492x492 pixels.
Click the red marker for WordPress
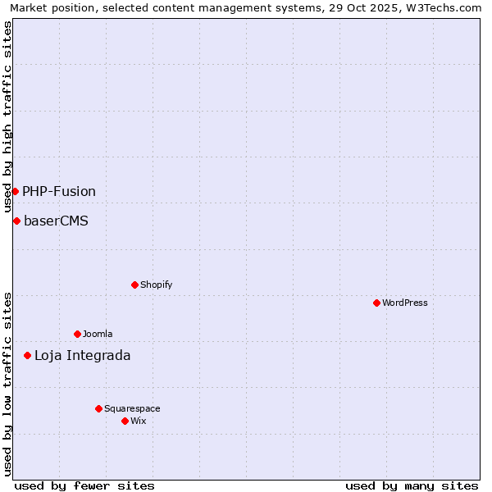[376, 303]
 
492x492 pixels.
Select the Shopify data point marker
[134, 285]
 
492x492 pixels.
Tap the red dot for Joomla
[77, 334]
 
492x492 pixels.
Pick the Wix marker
[125, 421]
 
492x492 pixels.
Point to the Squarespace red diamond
[98, 408]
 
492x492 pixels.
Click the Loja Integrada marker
[27, 355]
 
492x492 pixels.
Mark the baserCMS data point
[16, 221]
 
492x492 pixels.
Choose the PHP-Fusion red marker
[15, 191]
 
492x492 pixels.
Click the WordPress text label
[405, 303]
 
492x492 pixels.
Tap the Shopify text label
[157, 285]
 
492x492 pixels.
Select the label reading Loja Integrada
[82, 355]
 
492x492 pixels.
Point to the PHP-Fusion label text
[59, 191]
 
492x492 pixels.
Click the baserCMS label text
[56, 221]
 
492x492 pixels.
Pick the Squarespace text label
[132, 408]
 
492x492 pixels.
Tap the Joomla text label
[98, 334]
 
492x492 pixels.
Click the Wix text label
[139, 421]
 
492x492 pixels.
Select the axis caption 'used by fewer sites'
[84, 485]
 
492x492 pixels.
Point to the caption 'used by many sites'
[412, 485]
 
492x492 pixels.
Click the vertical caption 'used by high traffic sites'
[8, 116]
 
